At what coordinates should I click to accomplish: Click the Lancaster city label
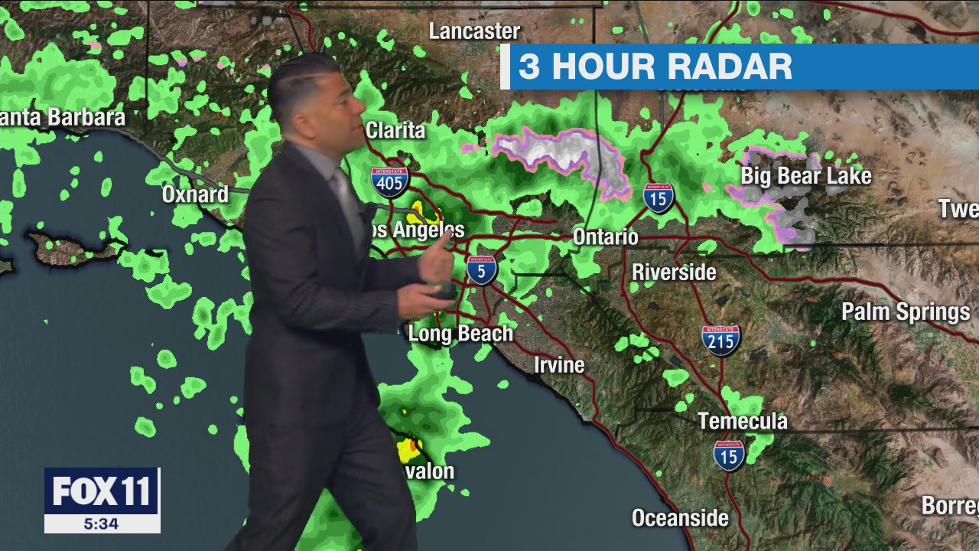474,31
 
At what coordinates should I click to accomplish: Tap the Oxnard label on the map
195,194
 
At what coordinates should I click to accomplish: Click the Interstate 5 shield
481,269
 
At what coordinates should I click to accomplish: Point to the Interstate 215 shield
720,340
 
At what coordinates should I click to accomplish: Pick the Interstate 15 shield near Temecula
729,455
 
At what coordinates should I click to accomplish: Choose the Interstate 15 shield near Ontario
658,197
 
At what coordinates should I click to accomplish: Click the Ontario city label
605,236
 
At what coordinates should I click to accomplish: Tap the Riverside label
674,272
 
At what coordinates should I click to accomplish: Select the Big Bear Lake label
805,176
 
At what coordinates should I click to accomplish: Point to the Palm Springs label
906,312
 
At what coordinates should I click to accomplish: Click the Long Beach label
460,334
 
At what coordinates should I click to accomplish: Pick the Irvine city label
559,365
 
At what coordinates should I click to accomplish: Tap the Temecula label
742,421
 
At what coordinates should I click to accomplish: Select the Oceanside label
680,518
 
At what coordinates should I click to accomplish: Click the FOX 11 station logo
102,492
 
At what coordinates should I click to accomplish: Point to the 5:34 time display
102,524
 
